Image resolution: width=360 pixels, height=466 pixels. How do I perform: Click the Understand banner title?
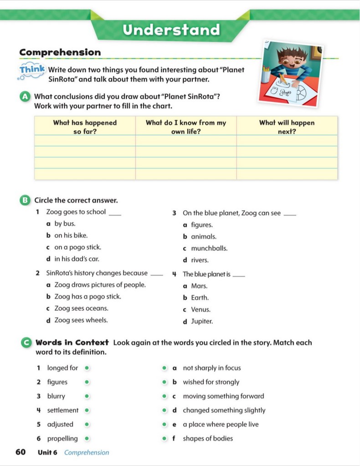[171, 30]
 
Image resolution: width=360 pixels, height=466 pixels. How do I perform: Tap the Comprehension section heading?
[60, 52]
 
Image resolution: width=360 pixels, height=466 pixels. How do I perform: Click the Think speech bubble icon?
[32, 70]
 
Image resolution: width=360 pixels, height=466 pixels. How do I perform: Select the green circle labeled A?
[26, 97]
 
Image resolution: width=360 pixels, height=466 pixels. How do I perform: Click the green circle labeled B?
[26, 200]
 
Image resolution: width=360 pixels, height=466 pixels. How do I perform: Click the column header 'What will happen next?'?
[287, 127]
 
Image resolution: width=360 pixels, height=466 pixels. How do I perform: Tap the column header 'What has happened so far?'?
[85, 127]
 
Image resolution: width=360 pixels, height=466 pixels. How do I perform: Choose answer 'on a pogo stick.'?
[77, 247]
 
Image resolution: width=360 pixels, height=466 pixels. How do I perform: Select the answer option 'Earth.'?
[200, 298]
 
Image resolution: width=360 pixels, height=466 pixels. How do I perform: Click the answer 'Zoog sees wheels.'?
[81, 320]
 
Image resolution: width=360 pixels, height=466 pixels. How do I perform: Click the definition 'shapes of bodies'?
[208, 439]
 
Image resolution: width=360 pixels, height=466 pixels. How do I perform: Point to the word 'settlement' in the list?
[63, 410]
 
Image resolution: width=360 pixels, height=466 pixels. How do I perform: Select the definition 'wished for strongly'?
[211, 382]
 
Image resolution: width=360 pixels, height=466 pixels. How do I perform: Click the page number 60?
[21, 452]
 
